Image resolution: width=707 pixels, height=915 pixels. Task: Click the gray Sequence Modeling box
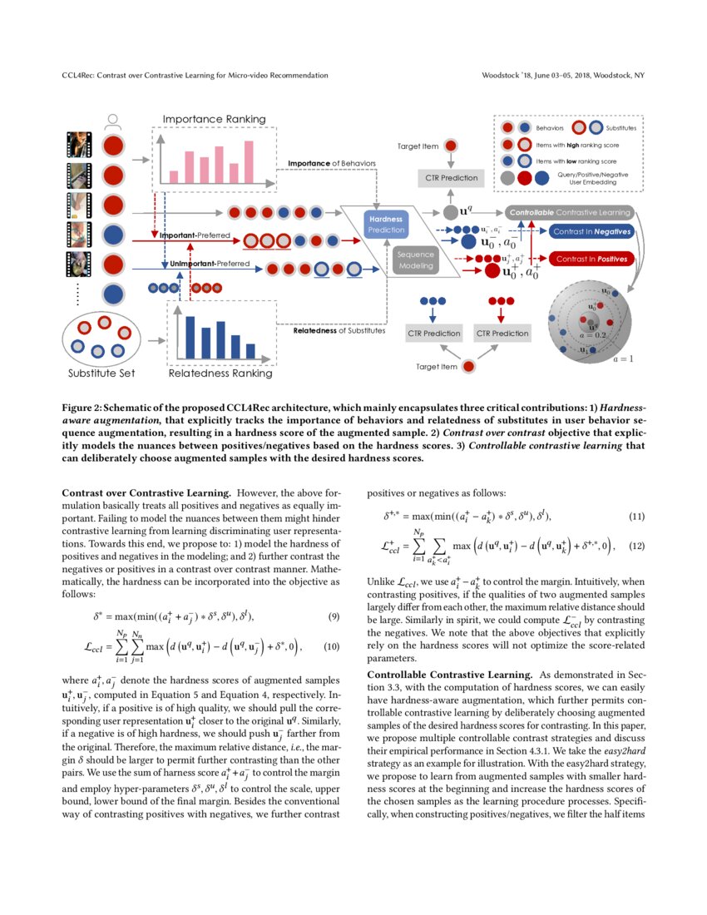415,260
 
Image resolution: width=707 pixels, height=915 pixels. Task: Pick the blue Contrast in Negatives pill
591,231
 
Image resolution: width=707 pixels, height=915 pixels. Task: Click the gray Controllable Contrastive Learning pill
569,212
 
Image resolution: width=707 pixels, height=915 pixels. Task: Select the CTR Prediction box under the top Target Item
451,177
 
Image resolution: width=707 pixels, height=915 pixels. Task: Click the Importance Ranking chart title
214,119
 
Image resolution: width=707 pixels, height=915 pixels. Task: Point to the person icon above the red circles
114,121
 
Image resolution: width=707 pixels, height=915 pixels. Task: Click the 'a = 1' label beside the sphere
623,359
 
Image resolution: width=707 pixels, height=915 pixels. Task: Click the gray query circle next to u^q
450,212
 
